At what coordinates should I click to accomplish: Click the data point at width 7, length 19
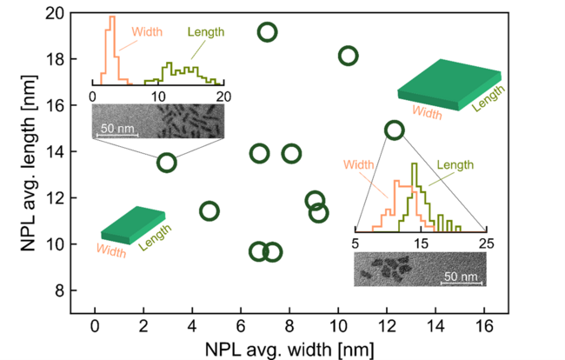(267, 33)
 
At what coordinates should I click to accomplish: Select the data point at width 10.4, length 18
(348, 56)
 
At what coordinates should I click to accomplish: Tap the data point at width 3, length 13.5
(166, 163)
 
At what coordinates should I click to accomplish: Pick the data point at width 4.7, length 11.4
(209, 210)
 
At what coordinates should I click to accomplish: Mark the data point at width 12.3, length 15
(394, 130)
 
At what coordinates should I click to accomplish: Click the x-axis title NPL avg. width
(277, 349)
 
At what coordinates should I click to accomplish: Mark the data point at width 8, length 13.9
(291, 153)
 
